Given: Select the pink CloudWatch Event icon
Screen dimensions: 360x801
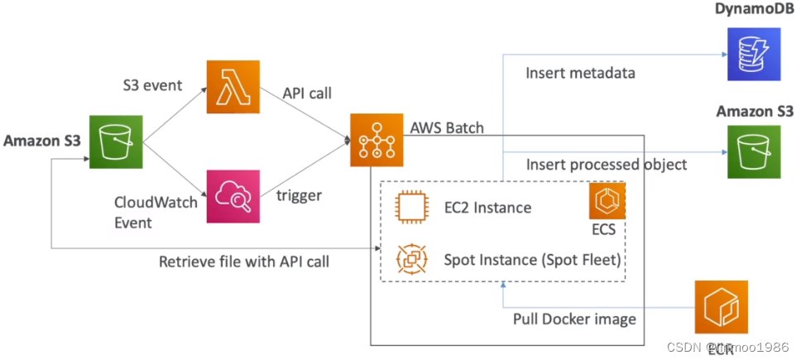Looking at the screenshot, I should (233, 196).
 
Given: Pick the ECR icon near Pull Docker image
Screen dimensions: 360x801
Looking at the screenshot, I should (721, 307).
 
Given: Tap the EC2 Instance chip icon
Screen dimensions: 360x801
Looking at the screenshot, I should (411, 206).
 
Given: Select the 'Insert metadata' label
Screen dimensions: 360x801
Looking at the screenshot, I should (580, 73).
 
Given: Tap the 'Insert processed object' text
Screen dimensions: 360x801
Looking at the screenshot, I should (606, 164).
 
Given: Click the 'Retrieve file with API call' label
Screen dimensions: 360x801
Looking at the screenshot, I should (244, 262).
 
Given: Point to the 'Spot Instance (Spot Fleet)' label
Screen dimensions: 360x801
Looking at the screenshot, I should (532, 260).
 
